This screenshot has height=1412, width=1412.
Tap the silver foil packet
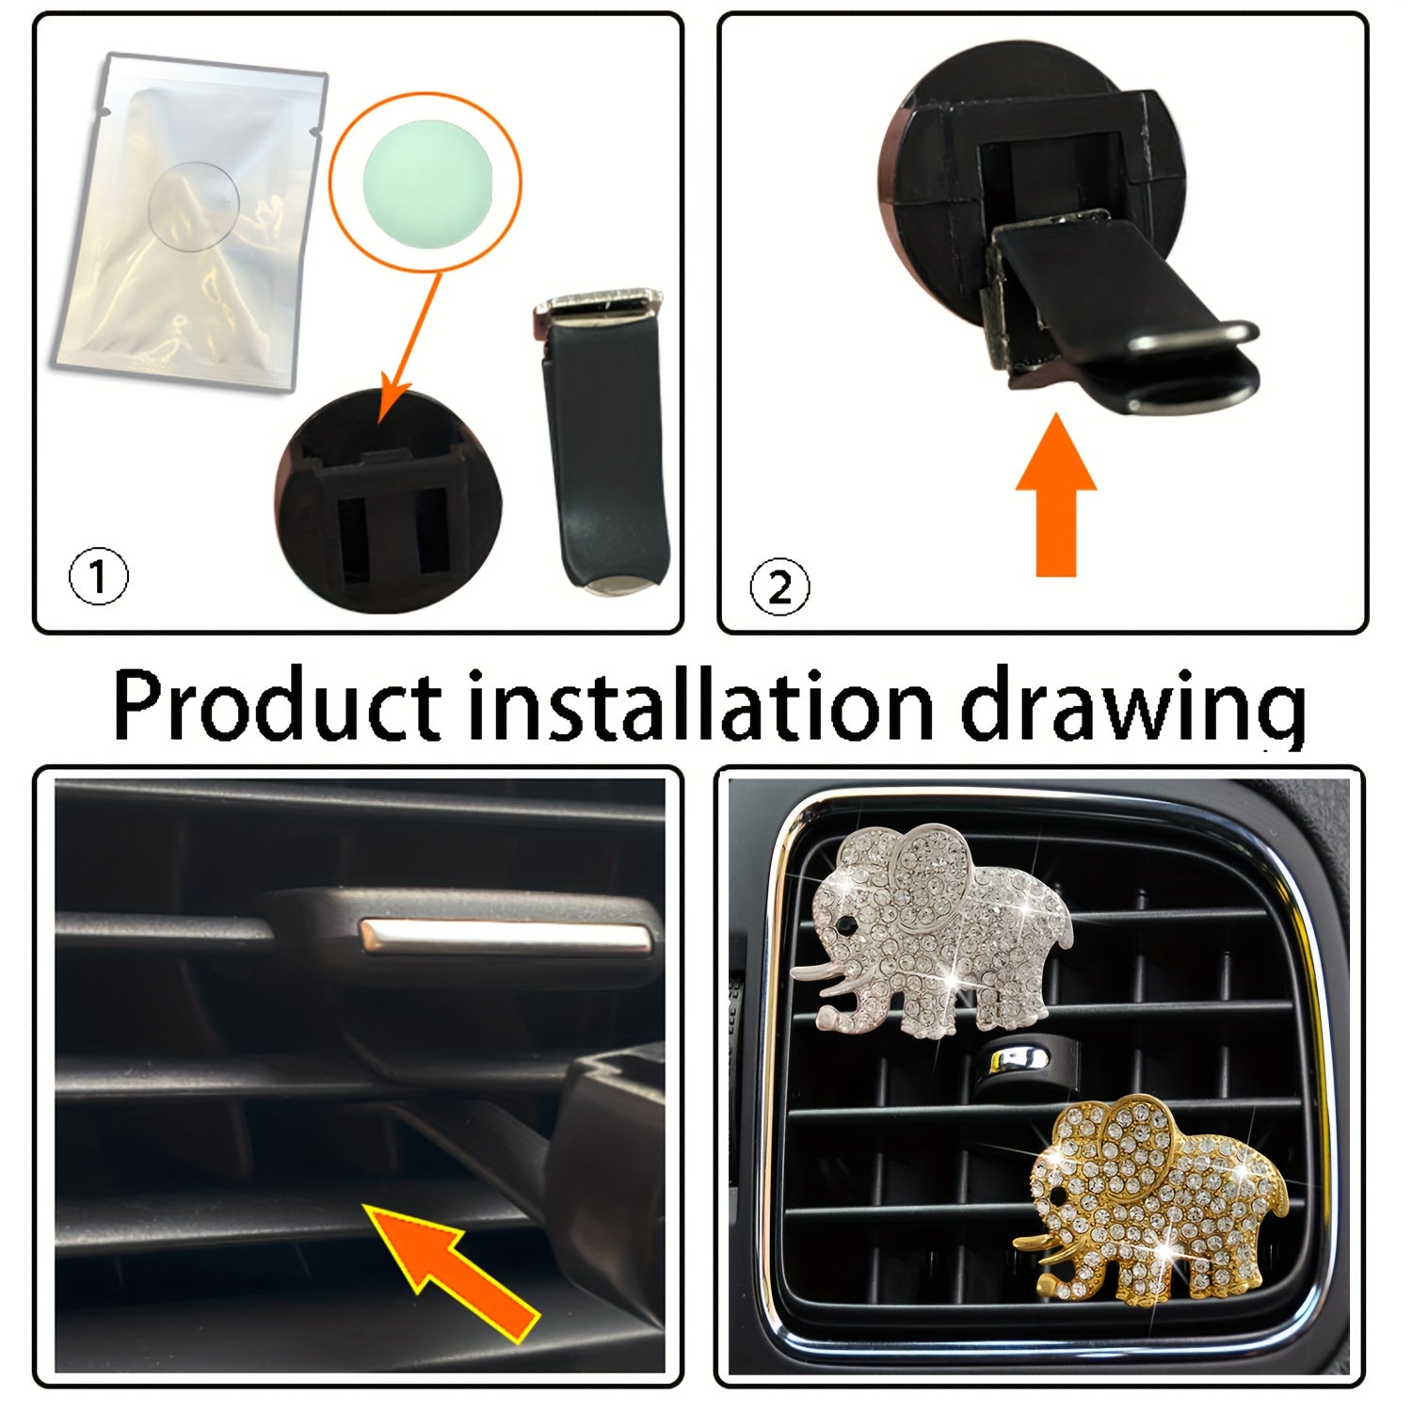pos(193,226)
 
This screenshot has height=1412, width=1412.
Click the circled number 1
pos(98,579)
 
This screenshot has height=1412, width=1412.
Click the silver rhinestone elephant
pos(941,932)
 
